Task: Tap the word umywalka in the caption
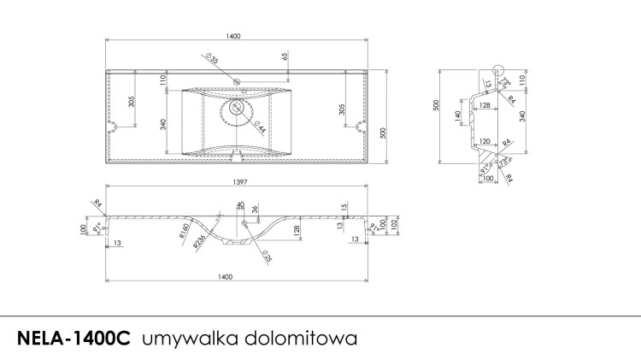(x=182, y=337)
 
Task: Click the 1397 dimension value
(x=234, y=180)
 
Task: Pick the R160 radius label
(x=183, y=228)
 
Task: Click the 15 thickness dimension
(x=344, y=207)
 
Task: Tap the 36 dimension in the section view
(x=254, y=210)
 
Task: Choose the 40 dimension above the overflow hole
(x=239, y=204)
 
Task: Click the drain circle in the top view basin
(x=234, y=109)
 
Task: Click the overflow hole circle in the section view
(x=245, y=223)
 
